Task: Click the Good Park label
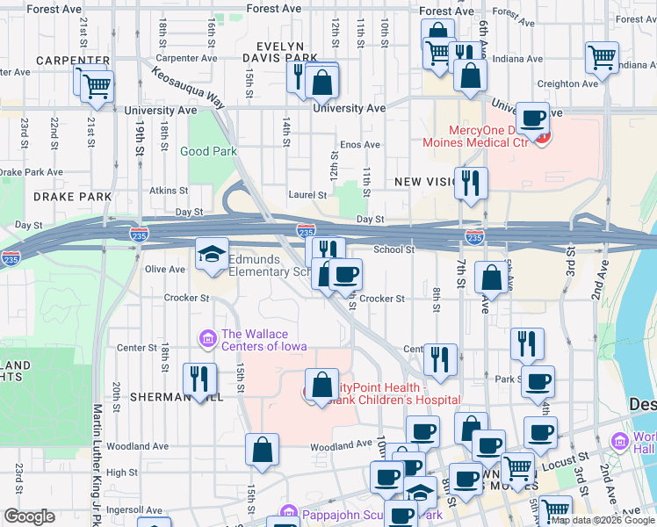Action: [x=208, y=151]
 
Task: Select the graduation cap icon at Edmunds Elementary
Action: [x=212, y=255]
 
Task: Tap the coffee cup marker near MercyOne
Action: [x=531, y=119]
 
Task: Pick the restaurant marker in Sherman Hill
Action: [x=199, y=379]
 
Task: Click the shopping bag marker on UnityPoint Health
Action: [x=321, y=385]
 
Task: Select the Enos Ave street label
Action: [x=359, y=145]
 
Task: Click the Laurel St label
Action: [x=307, y=195]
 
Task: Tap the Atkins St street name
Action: [x=169, y=190]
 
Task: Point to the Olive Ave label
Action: [x=164, y=270]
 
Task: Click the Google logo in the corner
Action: [x=29, y=516]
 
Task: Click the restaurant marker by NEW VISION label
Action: [x=471, y=183]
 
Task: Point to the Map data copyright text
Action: [x=602, y=520]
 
